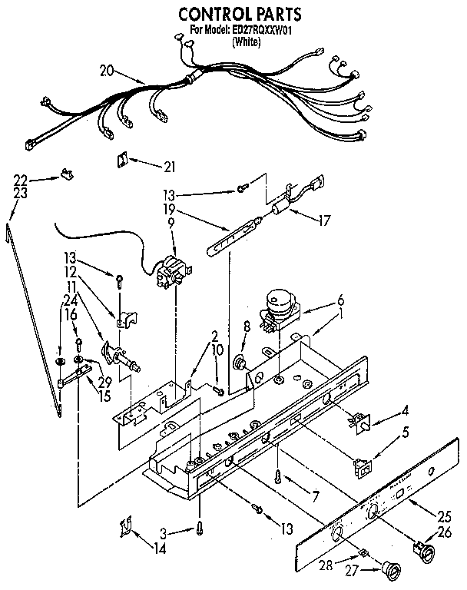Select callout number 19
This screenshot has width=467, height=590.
tap(170, 208)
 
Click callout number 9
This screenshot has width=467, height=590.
tap(171, 223)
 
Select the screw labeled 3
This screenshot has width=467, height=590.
tap(200, 529)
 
